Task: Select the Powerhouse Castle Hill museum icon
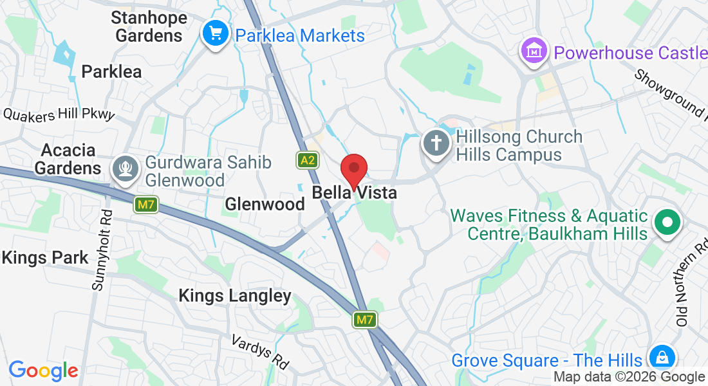click(x=534, y=51)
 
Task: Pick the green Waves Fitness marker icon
click(x=667, y=223)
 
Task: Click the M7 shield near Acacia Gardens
click(x=146, y=205)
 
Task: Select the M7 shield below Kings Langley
click(x=364, y=320)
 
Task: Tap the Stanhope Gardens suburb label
click(x=149, y=26)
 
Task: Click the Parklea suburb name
click(x=111, y=71)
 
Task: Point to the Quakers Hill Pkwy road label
click(x=59, y=115)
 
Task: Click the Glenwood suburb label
click(x=265, y=204)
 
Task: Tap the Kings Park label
click(x=44, y=258)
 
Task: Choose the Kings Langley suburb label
click(x=235, y=296)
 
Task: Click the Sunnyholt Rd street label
click(x=102, y=251)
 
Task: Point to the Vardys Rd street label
click(x=260, y=351)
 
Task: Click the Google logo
click(x=43, y=371)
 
